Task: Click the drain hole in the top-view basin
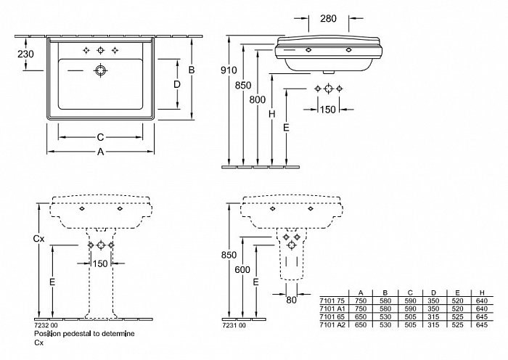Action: click(x=100, y=71)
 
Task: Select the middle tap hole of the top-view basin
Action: click(x=100, y=50)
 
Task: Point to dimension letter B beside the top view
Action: click(x=192, y=70)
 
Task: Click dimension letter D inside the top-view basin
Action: click(x=176, y=84)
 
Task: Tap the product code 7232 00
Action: click(x=45, y=326)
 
